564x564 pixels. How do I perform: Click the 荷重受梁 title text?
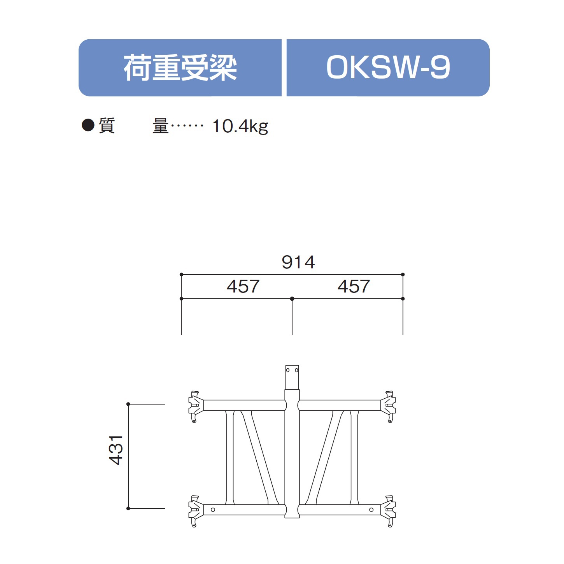tap(180, 68)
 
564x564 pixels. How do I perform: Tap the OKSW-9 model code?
tap(388, 68)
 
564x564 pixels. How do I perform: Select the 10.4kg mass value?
tap(240, 126)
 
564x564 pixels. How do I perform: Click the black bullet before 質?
tap(88, 125)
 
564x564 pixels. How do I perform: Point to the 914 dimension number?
tap(298, 262)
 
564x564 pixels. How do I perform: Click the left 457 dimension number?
tap(243, 286)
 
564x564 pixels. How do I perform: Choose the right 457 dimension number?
tap(354, 286)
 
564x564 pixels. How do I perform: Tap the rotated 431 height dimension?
tap(116, 450)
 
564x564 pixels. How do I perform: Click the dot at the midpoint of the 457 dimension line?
tap(292, 299)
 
